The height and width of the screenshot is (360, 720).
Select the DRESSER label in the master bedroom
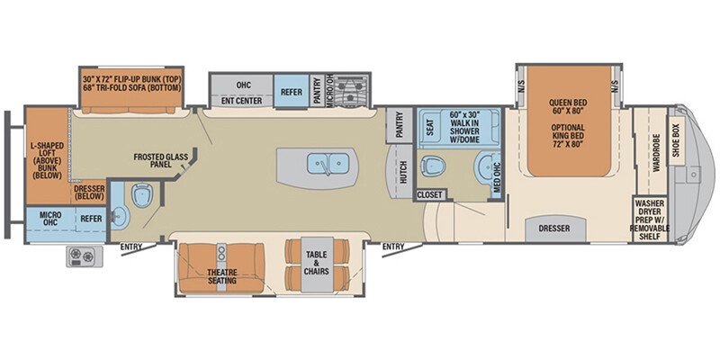[x=554, y=229]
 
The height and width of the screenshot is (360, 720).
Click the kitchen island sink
[x=320, y=164]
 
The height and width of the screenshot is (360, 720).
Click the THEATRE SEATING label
[x=221, y=275]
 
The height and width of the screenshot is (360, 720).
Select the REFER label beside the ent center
[x=291, y=91]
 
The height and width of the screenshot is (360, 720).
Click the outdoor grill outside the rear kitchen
[x=82, y=256]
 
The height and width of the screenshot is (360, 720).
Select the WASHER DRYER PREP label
[x=656, y=218]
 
